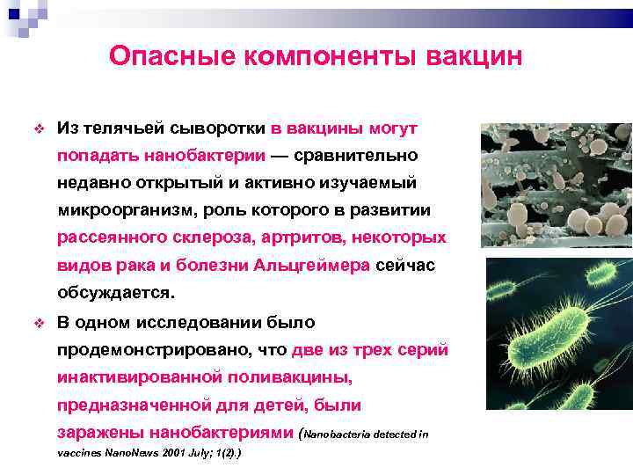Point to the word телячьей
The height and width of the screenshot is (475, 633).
pos(120,128)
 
